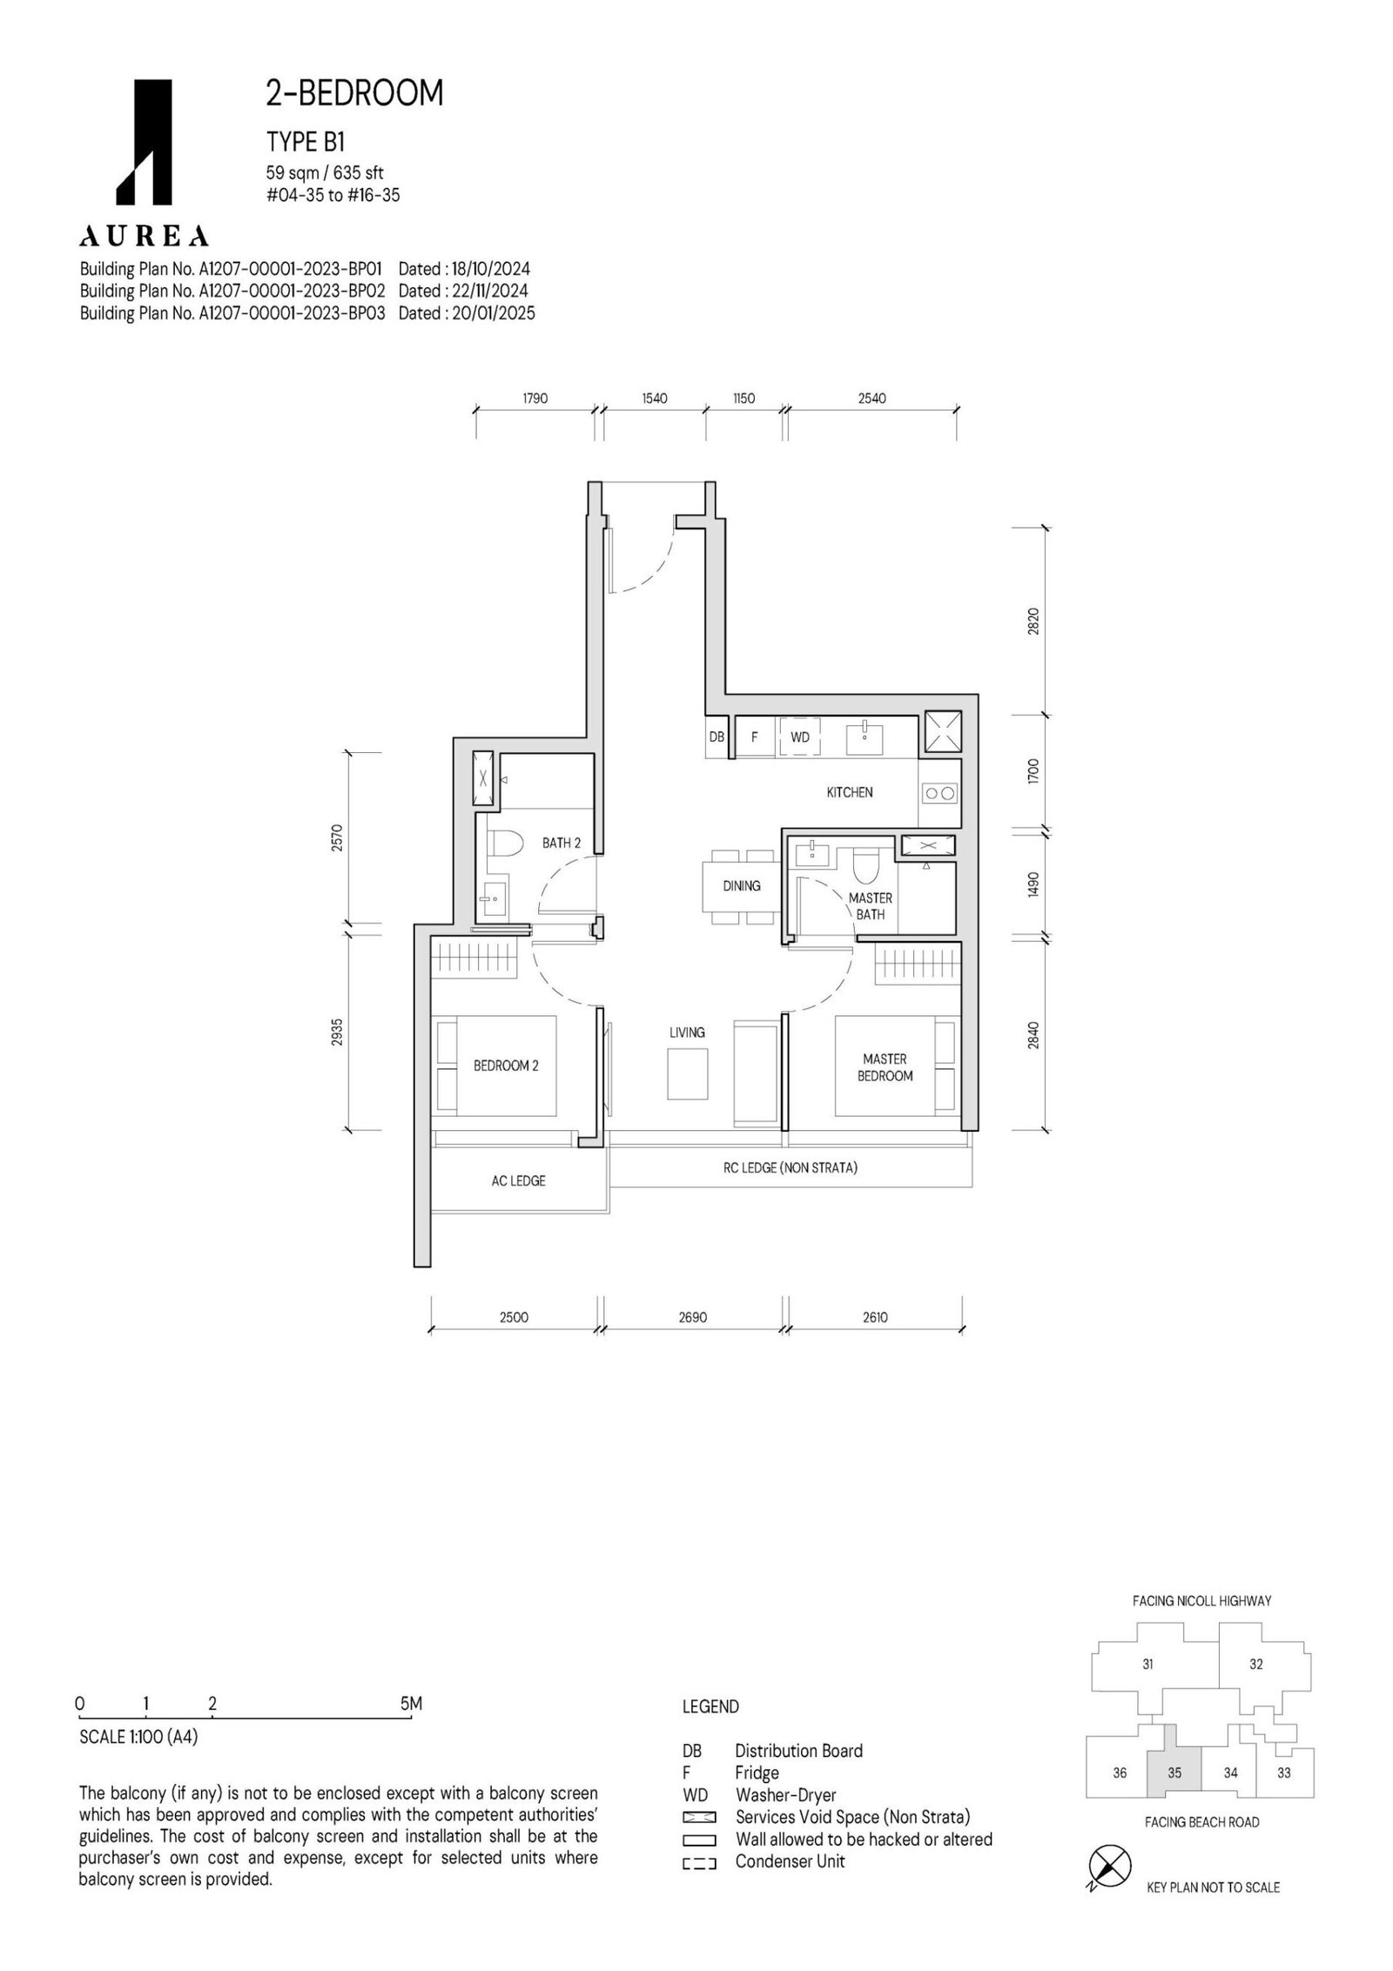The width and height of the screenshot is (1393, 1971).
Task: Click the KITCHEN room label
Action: pyautogui.click(x=849, y=792)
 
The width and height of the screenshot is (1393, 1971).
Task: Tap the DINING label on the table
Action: pyautogui.click(x=741, y=885)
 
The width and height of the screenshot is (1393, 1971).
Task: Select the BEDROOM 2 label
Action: pyautogui.click(x=506, y=1065)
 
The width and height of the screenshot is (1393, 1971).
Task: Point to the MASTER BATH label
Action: pyautogui.click(x=871, y=905)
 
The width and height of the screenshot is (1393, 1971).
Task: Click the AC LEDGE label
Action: pyautogui.click(x=518, y=1181)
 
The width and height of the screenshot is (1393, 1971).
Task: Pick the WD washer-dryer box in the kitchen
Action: pyautogui.click(x=800, y=737)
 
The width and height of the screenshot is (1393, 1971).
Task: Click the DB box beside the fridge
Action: pyautogui.click(x=717, y=737)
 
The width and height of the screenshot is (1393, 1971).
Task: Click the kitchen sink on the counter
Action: pyautogui.click(x=865, y=737)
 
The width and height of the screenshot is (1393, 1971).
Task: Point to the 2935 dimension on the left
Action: pyautogui.click(x=337, y=1033)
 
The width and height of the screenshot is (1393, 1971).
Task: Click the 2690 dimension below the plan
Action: pyautogui.click(x=693, y=1317)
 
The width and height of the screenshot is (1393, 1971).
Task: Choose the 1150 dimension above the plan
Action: pyautogui.click(x=744, y=399)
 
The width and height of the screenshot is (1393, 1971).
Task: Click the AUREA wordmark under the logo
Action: pyautogui.click(x=144, y=235)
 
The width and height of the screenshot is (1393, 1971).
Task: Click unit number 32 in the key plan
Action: pyautogui.click(x=1256, y=1665)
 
